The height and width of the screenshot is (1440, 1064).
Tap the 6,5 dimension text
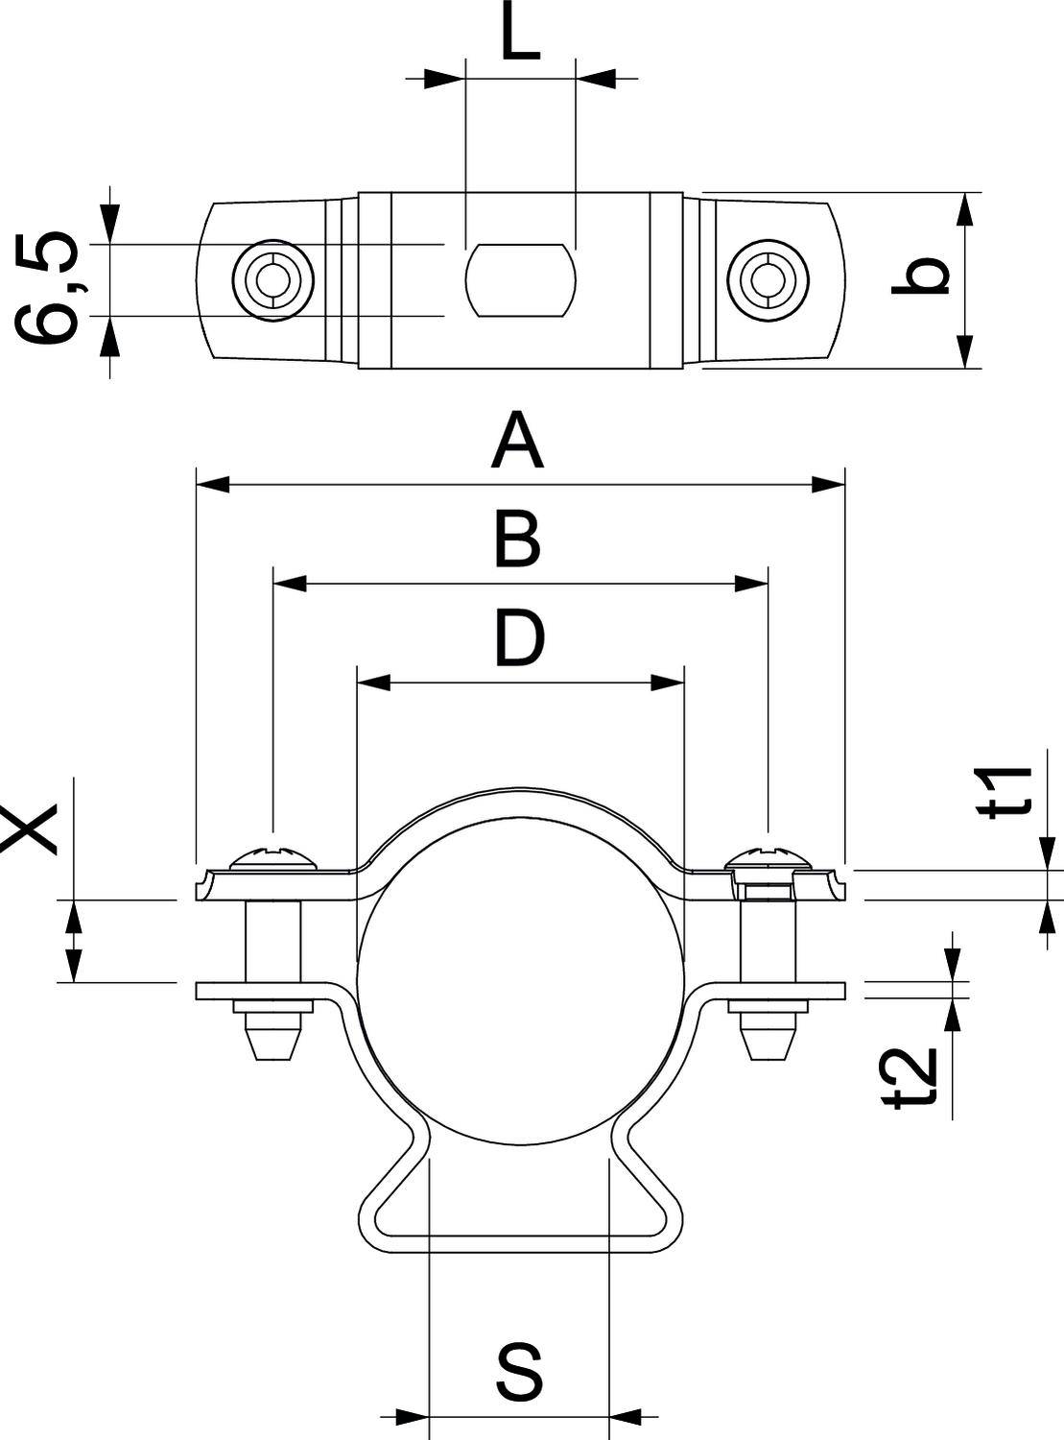click(47, 286)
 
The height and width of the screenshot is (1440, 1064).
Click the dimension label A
click(517, 441)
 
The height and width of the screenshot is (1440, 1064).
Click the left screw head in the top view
click(275, 279)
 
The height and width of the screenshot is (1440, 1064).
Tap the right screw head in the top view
click(768, 279)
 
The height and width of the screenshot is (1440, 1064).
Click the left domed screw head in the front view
click(274, 855)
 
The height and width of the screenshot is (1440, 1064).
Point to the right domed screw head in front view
click(768, 855)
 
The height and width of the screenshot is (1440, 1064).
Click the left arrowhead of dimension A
click(212, 485)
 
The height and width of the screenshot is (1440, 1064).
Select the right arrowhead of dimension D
click(667, 684)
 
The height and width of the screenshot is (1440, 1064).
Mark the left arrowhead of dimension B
click(290, 584)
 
